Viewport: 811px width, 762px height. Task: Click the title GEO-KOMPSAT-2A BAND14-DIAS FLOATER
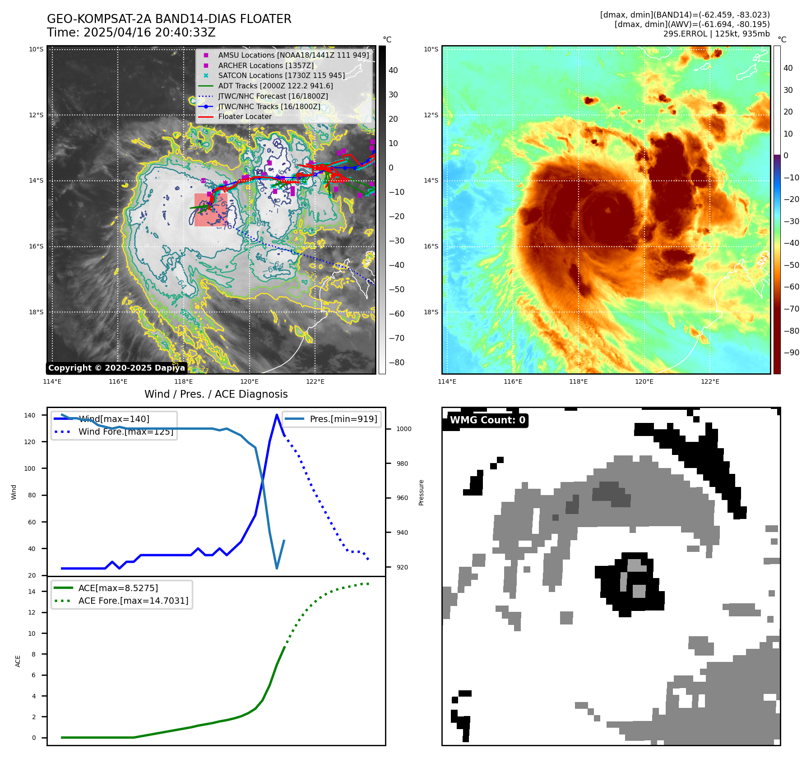click(x=169, y=19)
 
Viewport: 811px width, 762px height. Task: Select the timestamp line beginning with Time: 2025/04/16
click(x=131, y=32)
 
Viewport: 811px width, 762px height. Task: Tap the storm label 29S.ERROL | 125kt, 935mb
click(x=716, y=34)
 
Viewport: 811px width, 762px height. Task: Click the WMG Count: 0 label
click(x=487, y=420)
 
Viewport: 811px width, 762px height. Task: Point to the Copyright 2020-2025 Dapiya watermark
click(x=116, y=368)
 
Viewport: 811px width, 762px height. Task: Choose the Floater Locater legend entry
click(x=245, y=117)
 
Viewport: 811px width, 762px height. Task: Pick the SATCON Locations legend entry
click(x=281, y=76)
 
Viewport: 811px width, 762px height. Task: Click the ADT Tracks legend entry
click(x=275, y=86)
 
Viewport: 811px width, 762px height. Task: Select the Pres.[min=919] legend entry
click(x=343, y=419)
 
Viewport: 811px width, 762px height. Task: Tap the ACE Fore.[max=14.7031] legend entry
click(x=133, y=601)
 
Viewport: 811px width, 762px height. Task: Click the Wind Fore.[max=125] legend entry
click(x=125, y=431)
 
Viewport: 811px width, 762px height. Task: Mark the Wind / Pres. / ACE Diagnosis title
click(x=216, y=394)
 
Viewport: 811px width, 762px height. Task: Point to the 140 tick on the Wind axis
click(x=29, y=415)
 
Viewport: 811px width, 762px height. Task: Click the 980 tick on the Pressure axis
click(x=403, y=464)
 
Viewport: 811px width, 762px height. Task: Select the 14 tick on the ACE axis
click(x=32, y=592)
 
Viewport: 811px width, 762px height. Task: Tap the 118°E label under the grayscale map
click(x=184, y=381)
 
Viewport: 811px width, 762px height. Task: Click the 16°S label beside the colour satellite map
click(x=431, y=246)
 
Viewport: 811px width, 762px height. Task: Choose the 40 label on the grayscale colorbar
click(x=393, y=70)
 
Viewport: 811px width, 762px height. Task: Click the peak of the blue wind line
click(x=277, y=415)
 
